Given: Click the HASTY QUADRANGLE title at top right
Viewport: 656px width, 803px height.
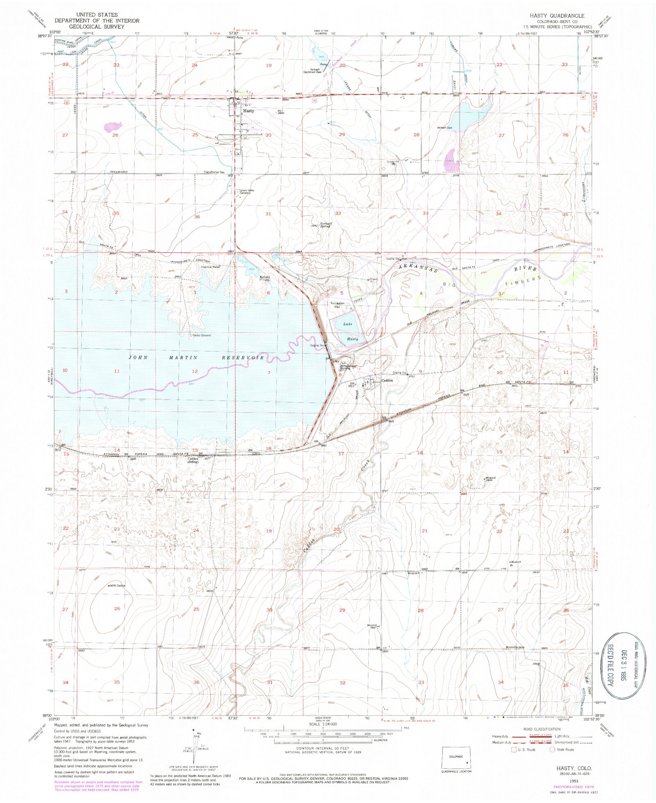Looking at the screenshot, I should [557, 15].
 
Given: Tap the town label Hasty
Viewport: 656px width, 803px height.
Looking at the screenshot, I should [248, 111].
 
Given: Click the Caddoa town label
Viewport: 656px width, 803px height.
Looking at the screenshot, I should [387, 380].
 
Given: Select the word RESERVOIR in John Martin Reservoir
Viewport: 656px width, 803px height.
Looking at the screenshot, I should [243, 358].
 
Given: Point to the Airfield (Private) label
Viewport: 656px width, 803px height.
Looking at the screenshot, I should [265, 278].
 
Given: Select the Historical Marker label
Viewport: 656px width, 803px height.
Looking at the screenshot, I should [211, 267].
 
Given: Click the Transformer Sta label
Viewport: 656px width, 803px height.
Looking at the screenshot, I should [214, 172].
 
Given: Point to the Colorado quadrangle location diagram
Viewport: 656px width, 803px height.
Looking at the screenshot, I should [456, 758].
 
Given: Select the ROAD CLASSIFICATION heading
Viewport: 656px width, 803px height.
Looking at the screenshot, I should [542, 729].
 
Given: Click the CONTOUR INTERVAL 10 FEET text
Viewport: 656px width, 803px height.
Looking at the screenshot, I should [323, 748].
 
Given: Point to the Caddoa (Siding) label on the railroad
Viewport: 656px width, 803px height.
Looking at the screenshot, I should [193, 460].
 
